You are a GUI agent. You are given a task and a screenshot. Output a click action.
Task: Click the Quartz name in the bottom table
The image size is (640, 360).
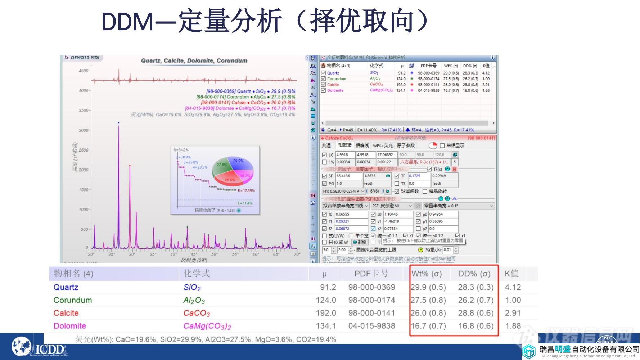pos(66,287)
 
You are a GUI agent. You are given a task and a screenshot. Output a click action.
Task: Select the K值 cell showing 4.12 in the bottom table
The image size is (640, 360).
pos(513,287)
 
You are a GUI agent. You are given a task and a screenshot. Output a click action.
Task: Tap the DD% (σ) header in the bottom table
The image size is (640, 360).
pos(474,274)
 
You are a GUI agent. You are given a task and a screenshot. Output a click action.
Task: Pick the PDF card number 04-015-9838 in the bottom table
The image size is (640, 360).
pos(371,326)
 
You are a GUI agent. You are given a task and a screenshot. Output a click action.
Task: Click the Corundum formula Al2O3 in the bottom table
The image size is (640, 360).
pos(194,300)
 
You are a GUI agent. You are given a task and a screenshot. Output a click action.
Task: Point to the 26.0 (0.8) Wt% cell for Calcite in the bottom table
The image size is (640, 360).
pos(428,313)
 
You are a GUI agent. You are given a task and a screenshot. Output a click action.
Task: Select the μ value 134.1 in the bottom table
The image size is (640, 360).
pos(326,326)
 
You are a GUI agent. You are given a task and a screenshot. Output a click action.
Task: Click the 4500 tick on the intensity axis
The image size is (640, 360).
pos(83,71)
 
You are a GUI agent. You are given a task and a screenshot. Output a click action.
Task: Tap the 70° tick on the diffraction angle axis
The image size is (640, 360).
pos(297,254)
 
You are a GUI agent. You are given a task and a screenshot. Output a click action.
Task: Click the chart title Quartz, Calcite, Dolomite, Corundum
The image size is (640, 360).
pos(194,60)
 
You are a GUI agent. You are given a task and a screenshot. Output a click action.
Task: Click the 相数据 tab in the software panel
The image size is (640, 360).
pos(344,145)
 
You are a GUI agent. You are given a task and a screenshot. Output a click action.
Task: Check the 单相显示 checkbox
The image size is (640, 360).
pos(442,146)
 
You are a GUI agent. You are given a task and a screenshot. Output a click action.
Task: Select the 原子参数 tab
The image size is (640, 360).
pos(406,145)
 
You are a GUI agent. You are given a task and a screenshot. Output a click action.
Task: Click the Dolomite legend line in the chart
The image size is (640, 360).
pos(240,108)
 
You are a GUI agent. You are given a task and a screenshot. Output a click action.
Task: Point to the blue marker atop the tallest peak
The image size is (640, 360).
pos(118,123)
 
